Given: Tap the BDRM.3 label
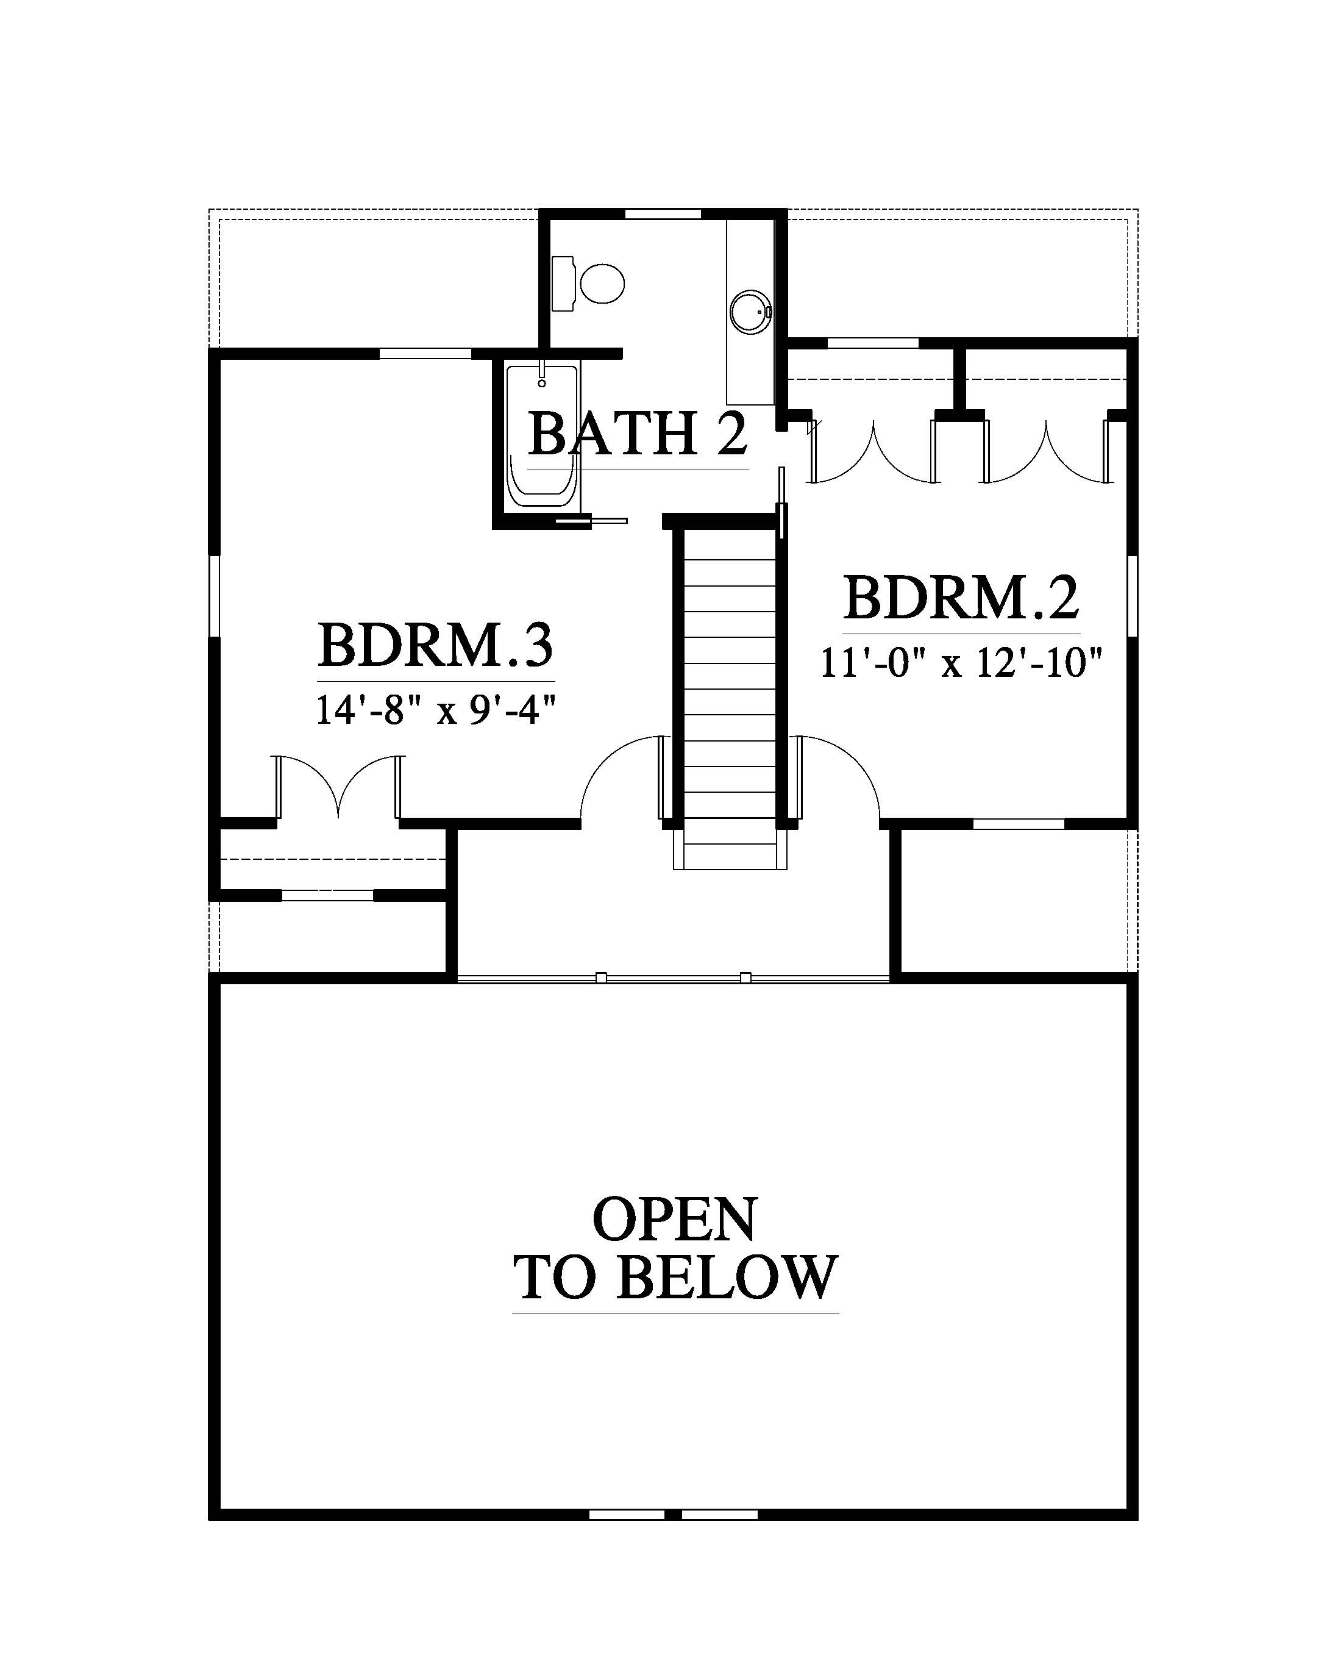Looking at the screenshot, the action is [435, 645].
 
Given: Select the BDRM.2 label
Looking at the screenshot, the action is [961, 598].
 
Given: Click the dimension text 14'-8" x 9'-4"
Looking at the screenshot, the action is [436, 710].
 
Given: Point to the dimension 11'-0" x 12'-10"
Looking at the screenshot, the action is [962, 663].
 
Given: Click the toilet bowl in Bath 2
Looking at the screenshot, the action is [602, 284].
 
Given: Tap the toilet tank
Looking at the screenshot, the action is [563, 284].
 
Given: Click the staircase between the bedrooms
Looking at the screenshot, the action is [729, 696].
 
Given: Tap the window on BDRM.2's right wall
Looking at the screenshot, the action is [1132, 596].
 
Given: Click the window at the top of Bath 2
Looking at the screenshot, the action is [663, 213].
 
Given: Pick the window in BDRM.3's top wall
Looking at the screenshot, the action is [425, 354].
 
